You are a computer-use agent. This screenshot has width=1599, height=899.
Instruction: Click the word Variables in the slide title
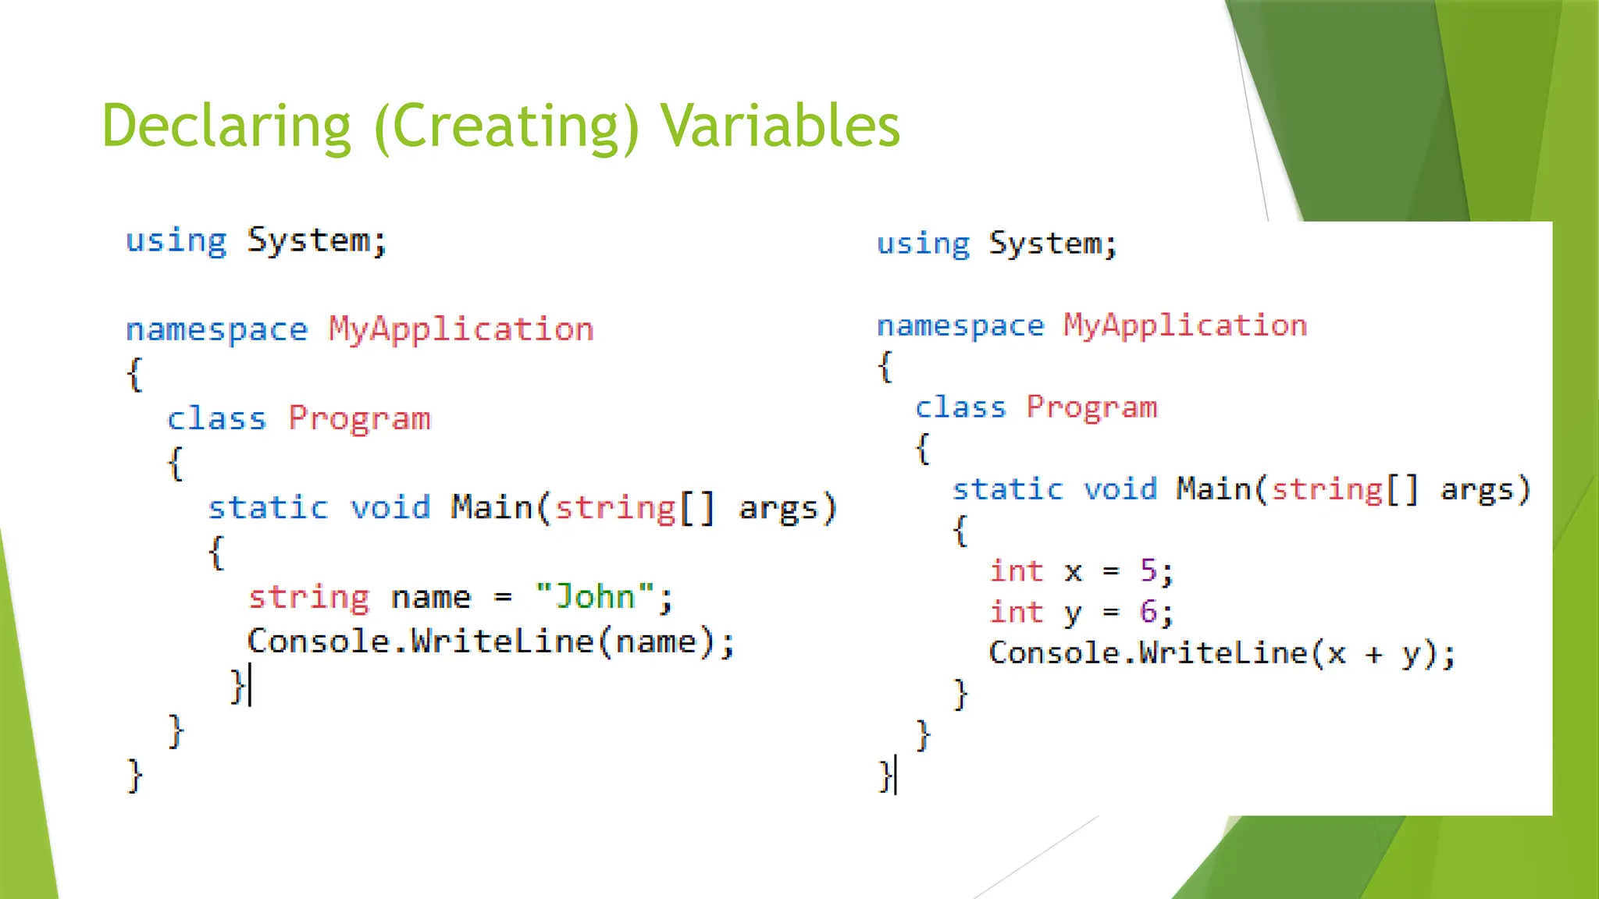tap(781, 126)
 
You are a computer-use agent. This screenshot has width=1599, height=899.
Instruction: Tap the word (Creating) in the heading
tap(507, 126)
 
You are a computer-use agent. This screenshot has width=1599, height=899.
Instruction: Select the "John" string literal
tap(594, 597)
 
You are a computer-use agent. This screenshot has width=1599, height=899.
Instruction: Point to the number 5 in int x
tap(1148, 571)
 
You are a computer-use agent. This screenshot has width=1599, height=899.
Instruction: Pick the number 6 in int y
tap(1148, 612)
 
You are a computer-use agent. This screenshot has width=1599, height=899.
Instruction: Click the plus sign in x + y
tap(1374, 654)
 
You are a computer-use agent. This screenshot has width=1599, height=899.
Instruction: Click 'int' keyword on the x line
tap(1017, 571)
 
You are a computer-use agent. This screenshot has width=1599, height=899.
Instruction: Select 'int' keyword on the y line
tap(1017, 612)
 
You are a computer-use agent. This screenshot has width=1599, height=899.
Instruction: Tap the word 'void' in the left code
tap(390, 508)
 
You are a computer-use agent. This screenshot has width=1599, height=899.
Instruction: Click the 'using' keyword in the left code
tap(176, 241)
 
